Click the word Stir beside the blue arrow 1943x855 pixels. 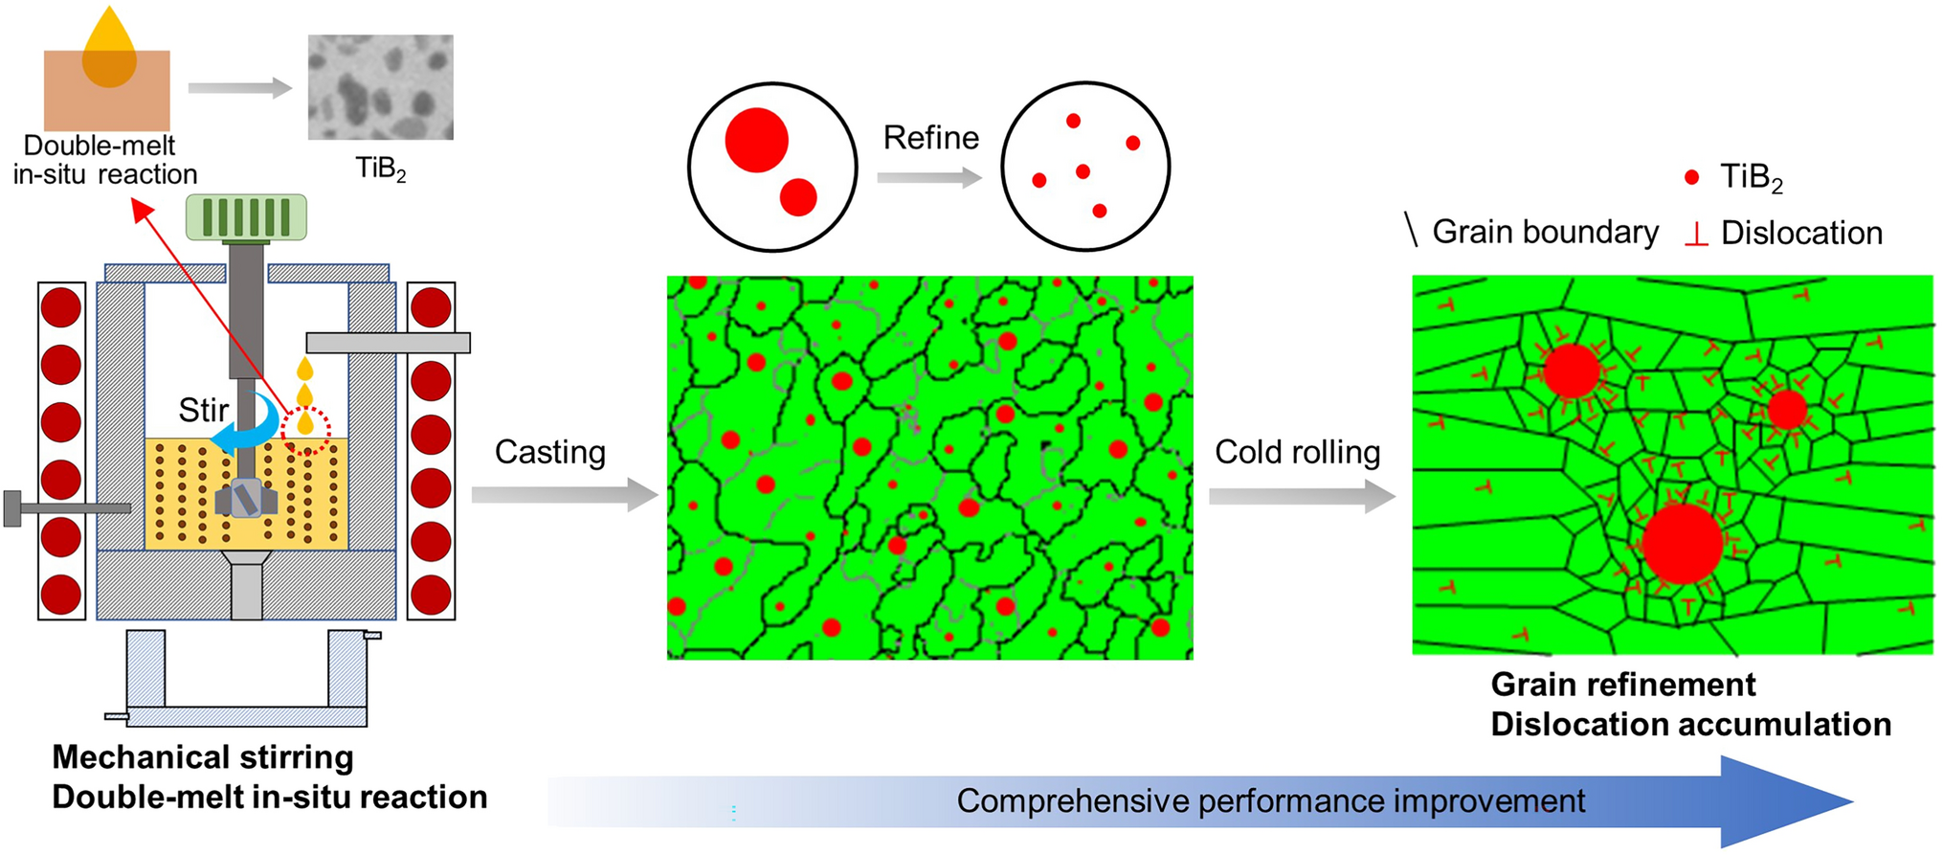(203, 410)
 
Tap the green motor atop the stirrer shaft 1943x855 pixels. (246, 216)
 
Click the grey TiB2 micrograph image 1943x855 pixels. (380, 87)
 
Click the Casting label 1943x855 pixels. (549, 452)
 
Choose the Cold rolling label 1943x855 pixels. (1297, 452)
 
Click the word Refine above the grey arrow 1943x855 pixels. (930, 138)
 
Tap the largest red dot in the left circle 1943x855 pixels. (756, 140)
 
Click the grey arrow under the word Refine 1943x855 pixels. (928, 177)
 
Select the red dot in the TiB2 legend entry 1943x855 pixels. (1691, 177)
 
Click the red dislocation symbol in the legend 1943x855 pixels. (1695, 234)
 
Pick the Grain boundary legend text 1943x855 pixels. (1545, 232)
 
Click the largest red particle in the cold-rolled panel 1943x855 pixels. (1682, 543)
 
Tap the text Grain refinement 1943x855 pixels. (1622, 685)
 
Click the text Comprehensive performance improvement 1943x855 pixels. (1270, 800)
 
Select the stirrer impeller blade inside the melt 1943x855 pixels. (246, 499)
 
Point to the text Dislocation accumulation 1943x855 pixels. (1690, 725)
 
